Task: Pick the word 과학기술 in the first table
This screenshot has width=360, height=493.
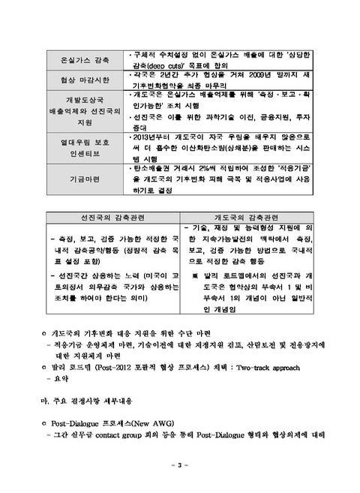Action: (206, 117)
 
